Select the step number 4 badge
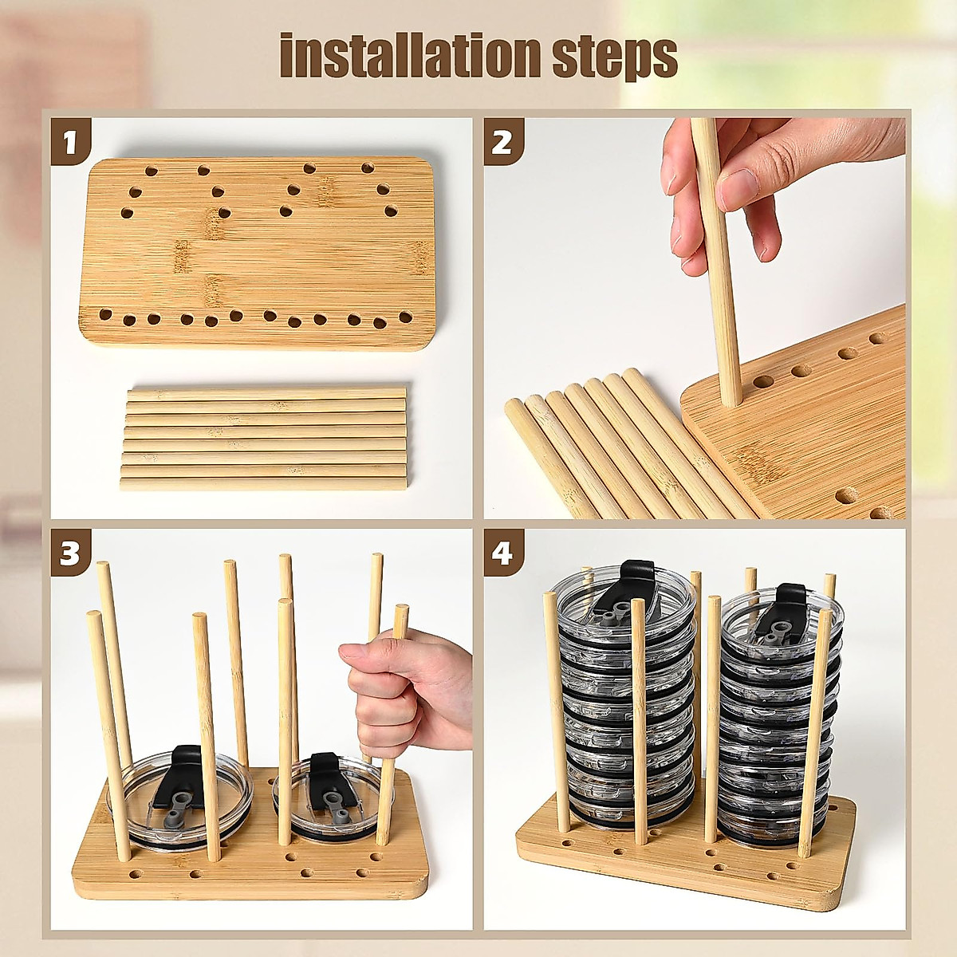[x=503, y=552]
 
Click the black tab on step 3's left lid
[x=187, y=766]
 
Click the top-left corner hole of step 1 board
[x=150, y=171]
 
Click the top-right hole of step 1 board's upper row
[x=368, y=167]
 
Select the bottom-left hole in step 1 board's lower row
[x=104, y=314]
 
